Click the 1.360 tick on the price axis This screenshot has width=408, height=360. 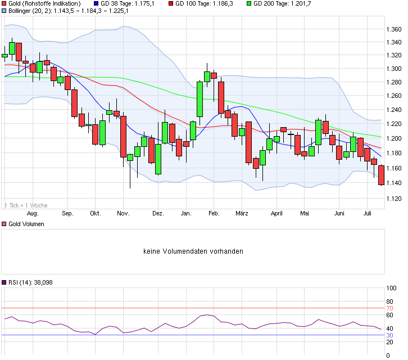click(393, 29)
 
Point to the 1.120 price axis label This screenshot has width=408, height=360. click(393, 199)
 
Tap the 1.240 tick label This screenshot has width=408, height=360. click(393, 110)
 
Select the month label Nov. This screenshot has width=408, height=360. click(123, 214)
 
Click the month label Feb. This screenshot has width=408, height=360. click(213, 214)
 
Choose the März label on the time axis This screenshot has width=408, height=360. click(242, 214)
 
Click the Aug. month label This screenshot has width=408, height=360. click(33, 214)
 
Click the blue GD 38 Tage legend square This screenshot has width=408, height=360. click(96, 3)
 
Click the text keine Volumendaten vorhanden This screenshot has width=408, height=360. click(193, 251)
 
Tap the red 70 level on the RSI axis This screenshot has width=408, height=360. click(389, 308)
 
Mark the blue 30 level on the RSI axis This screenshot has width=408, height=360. click(389, 335)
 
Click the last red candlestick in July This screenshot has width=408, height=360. click(381, 175)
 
